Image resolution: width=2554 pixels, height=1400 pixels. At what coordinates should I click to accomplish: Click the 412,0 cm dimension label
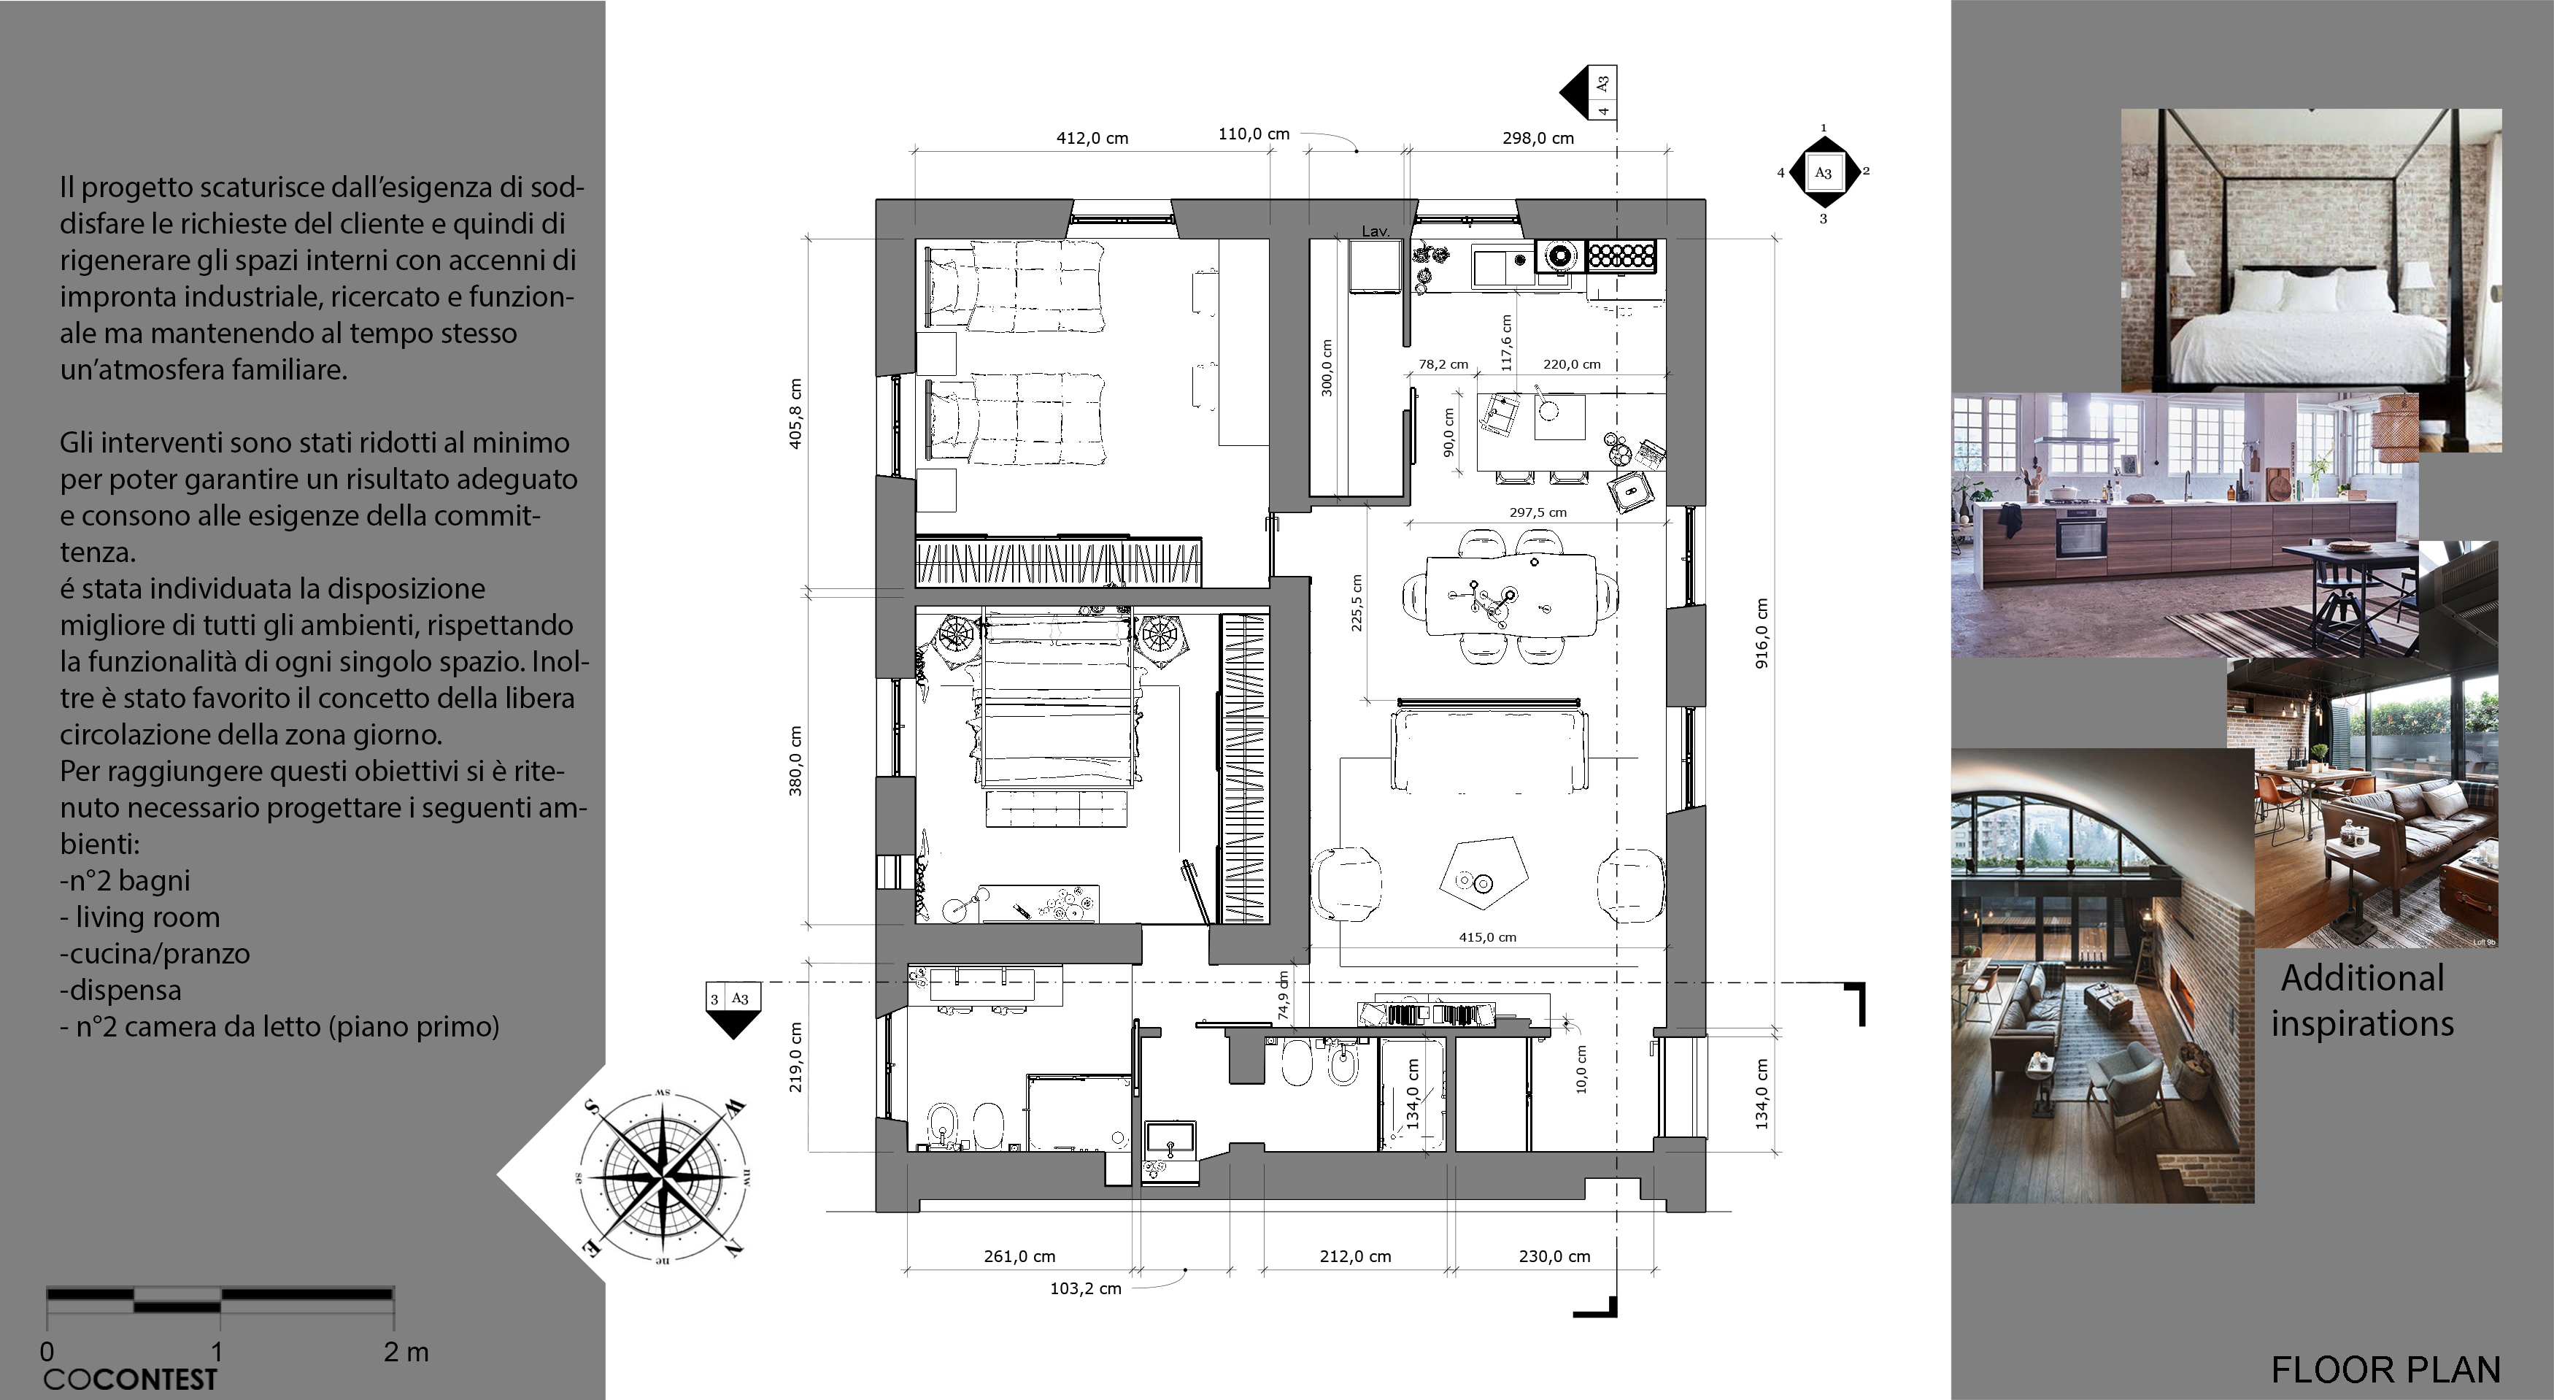1092,138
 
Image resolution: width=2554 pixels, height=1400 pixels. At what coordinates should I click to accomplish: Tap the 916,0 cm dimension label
1762,633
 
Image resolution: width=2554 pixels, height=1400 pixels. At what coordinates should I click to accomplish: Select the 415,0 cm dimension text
1487,937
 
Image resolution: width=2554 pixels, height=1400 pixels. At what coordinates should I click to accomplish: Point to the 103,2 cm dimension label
1086,1289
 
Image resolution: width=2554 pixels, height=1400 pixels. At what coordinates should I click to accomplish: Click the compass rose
663,1178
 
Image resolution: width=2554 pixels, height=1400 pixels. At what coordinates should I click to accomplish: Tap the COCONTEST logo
130,1379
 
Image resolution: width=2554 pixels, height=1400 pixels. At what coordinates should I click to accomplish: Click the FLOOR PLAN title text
2385,1370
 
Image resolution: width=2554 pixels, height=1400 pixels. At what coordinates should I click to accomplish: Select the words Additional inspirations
2363,1001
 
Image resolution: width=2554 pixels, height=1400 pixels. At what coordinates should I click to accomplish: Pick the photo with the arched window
2102,977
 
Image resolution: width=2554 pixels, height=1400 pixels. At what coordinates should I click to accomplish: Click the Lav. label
1376,231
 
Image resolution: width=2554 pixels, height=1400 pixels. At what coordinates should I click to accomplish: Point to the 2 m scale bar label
406,1351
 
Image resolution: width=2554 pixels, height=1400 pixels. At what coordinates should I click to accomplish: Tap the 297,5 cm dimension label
1538,512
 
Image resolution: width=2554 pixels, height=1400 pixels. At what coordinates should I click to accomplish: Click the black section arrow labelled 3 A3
733,1010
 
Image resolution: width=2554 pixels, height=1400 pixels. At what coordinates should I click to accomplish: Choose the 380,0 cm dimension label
795,761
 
